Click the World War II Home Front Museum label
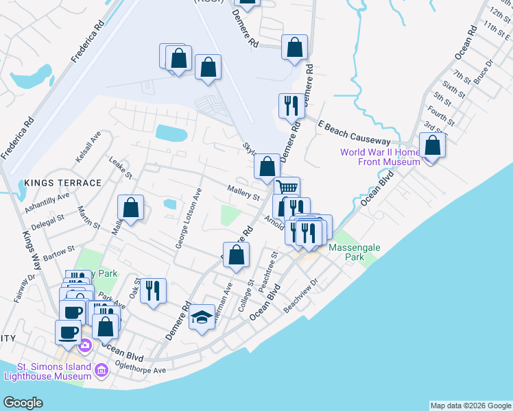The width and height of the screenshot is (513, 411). click(x=389, y=156)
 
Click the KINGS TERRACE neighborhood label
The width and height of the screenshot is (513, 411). click(x=62, y=183)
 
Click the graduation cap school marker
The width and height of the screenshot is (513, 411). click(x=202, y=317)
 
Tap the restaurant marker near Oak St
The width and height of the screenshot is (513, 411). click(x=154, y=290)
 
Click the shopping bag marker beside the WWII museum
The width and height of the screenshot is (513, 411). click(x=432, y=146)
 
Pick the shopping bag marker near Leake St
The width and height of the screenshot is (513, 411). click(x=130, y=208)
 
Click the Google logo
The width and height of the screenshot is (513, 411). click(x=23, y=403)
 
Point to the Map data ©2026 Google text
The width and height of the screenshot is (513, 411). click(x=470, y=406)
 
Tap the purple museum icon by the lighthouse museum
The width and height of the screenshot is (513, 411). click(x=102, y=371)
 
